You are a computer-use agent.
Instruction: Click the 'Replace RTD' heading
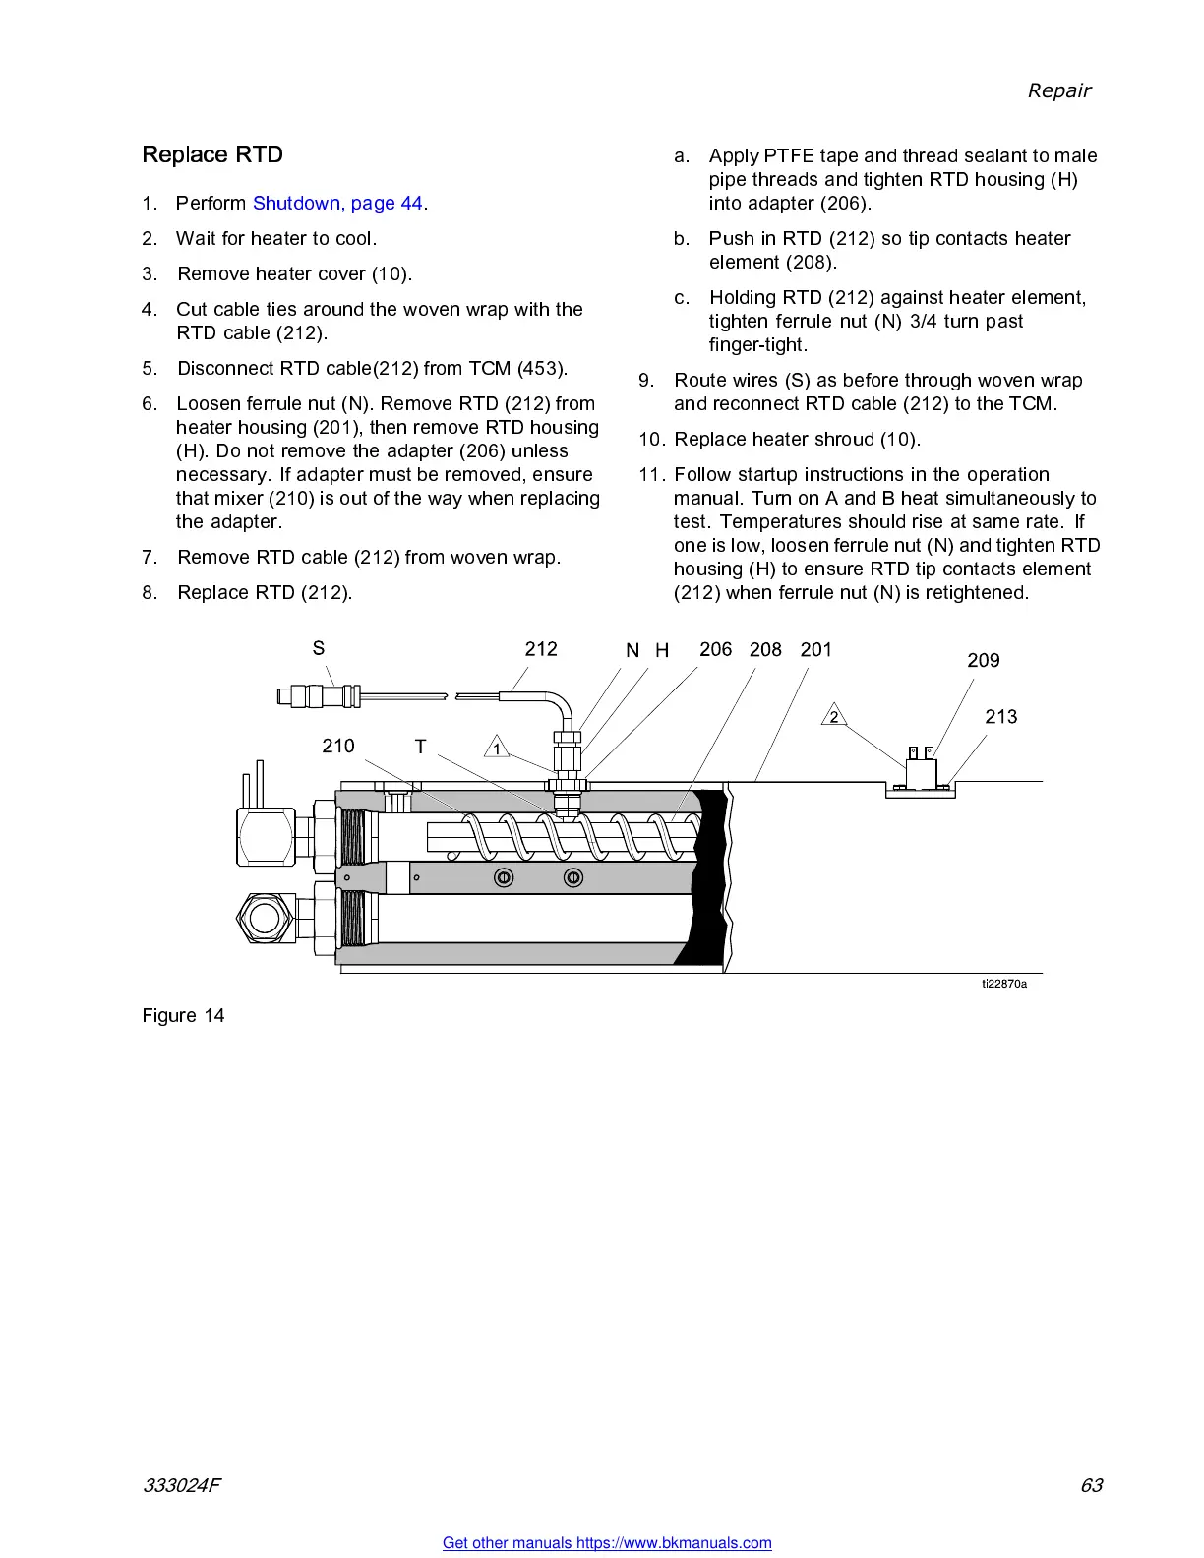pyautogui.click(x=212, y=155)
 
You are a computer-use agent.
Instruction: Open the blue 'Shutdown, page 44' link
pyautogui.click(x=338, y=204)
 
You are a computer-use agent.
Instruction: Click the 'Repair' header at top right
pyautogui.click(x=1058, y=90)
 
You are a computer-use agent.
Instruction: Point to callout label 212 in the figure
pyautogui.click(x=541, y=649)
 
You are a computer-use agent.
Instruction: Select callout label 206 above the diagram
pyautogui.click(x=715, y=649)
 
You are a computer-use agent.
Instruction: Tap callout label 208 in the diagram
pyautogui.click(x=765, y=650)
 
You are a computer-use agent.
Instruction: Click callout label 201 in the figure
pyautogui.click(x=815, y=650)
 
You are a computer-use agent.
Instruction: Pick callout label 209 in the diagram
pyautogui.click(x=983, y=661)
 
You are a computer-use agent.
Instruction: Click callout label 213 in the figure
pyautogui.click(x=1000, y=717)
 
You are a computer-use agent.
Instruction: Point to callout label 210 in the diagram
pyautogui.click(x=337, y=746)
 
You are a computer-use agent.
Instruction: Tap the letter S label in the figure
pyautogui.click(x=319, y=648)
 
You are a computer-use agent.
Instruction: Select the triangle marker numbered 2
pyautogui.click(x=834, y=717)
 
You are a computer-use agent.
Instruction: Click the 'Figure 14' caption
pyautogui.click(x=183, y=1016)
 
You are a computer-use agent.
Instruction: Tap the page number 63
pyautogui.click(x=1091, y=1485)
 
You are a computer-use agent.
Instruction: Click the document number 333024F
pyautogui.click(x=181, y=1485)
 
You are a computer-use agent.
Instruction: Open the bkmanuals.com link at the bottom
pyautogui.click(x=607, y=1543)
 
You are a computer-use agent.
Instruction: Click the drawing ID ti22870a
pyautogui.click(x=1003, y=984)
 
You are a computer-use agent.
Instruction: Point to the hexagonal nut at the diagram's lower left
pyautogui.click(x=264, y=918)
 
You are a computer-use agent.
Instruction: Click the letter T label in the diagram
pyautogui.click(x=420, y=747)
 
